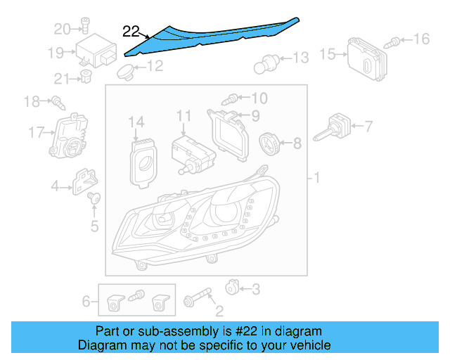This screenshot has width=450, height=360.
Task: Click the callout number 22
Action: click(131, 31)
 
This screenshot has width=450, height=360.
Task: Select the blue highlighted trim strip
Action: click(211, 35)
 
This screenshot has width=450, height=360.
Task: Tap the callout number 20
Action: click(62, 29)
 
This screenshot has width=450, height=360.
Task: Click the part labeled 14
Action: click(145, 161)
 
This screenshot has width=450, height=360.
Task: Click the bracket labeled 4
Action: click(84, 181)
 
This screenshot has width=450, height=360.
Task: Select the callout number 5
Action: click(94, 226)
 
